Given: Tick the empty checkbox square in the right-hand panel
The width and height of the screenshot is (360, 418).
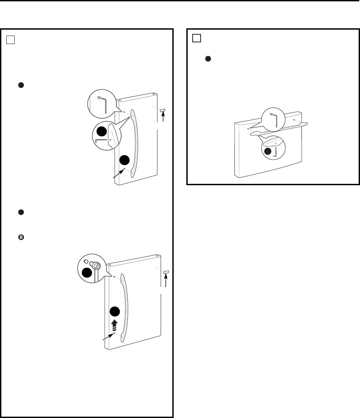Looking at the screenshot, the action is [x=197, y=38].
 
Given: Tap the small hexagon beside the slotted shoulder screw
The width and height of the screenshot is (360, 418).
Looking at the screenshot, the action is [x=86, y=262].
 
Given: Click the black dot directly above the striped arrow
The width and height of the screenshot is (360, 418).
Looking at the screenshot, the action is [x=114, y=312].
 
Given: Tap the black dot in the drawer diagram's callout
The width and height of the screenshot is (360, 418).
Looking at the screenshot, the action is [x=268, y=152].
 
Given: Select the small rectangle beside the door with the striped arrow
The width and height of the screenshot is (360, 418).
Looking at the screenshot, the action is [x=166, y=272].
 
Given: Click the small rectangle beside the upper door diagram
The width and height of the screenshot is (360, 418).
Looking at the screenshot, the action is [x=163, y=111].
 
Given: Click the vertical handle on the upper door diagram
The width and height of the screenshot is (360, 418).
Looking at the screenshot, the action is [x=135, y=143].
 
